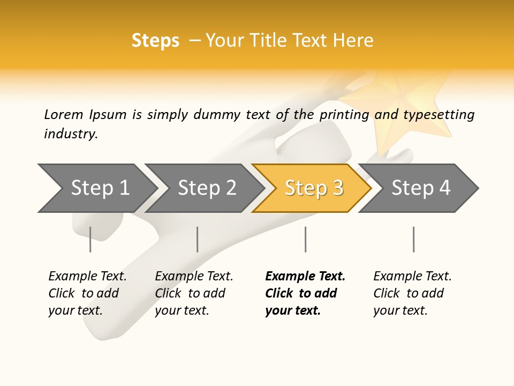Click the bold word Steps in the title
coord(155,41)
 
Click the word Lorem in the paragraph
coord(64,115)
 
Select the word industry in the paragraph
coord(70,134)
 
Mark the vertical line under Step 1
coord(90,239)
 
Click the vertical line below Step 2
coord(198,239)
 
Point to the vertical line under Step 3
coord(305,239)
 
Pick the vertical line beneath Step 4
coord(413,239)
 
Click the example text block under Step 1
coord(87,293)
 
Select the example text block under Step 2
coord(194,293)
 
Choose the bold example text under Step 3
coord(305,293)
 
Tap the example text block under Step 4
coord(412,293)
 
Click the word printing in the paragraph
coord(344,115)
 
